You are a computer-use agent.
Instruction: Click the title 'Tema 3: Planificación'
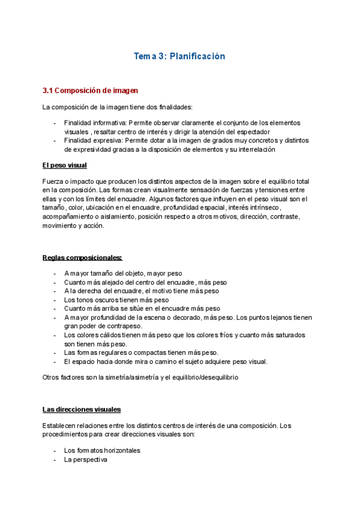(179, 56)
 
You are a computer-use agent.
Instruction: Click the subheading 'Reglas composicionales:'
(82, 258)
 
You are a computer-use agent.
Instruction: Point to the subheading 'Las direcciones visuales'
(82, 409)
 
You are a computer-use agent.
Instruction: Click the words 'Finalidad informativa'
(91, 122)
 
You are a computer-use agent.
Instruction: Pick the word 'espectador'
(253, 131)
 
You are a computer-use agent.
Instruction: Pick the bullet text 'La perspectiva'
(85, 459)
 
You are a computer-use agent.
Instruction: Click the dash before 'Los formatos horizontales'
(55, 450)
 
